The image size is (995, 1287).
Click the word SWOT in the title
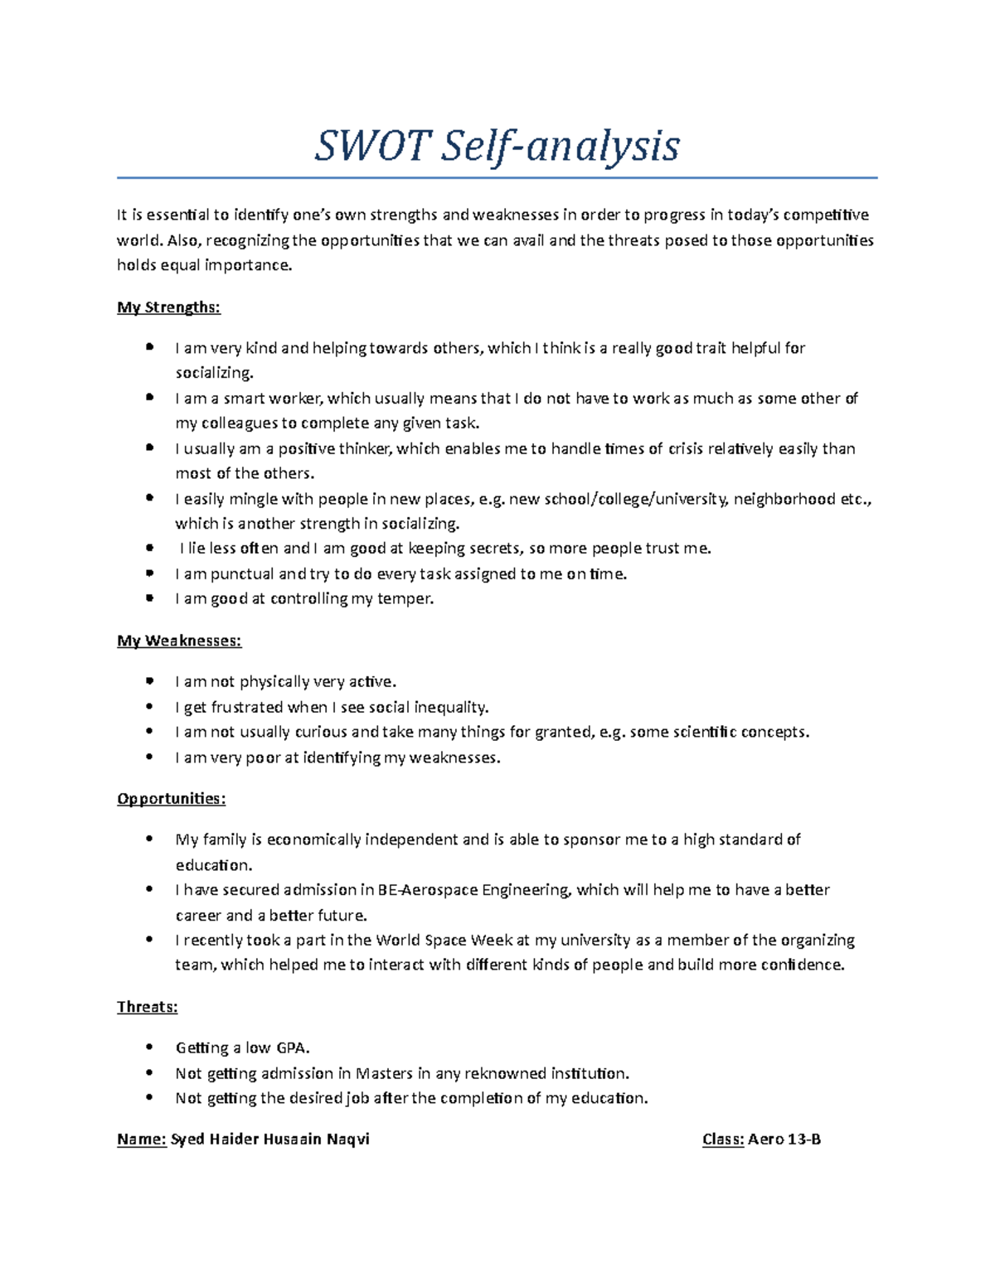[372, 147]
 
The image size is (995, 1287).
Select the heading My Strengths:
[168, 307]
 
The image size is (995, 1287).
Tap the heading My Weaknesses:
[179, 641]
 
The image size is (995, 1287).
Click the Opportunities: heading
[171, 799]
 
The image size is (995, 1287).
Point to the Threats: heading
[148, 1007]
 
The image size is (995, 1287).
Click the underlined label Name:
[142, 1139]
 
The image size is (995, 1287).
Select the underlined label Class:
[723, 1139]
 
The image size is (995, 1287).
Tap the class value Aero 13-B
[784, 1139]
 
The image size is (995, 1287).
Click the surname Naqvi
[348, 1139]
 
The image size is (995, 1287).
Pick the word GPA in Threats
[293, 1048]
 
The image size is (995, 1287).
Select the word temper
[405, 599]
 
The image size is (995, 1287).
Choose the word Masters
[384, 1074]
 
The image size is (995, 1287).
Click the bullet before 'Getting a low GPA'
[149, 1048]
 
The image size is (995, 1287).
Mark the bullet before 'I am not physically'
[149, 682]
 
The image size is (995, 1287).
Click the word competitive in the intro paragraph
[826, 215]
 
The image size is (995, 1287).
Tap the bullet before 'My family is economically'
[149, 839]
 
